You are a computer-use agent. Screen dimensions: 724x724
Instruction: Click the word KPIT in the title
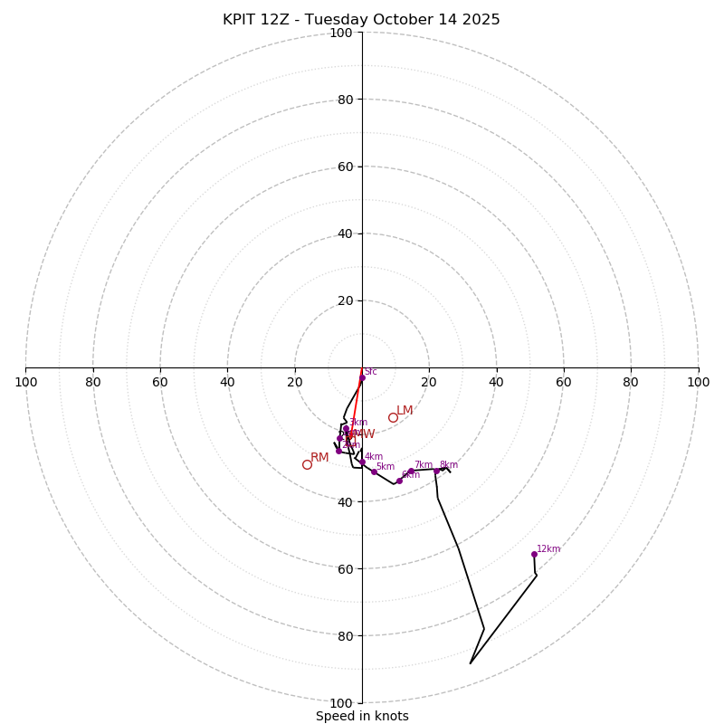click(240, 20)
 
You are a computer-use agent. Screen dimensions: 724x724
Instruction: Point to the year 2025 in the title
click(481, 20)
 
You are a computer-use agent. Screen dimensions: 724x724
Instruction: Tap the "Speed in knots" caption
click(362, 716)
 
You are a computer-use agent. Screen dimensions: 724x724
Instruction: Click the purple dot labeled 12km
click(534, 554)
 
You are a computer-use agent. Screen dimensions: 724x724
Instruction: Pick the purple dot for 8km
click(436, 471)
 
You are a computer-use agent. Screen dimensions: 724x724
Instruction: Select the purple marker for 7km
click(411, 472)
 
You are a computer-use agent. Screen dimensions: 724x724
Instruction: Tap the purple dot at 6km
click(399, 481)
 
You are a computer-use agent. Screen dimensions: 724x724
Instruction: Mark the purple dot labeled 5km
click(374, 472)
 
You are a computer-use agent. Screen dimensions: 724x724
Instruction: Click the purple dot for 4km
click(362, 462)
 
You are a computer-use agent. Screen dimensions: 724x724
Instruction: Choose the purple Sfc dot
click(361, 378)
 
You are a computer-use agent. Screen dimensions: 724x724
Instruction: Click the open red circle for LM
click(393, 417)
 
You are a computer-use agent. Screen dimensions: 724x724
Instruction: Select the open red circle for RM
click(307, 464)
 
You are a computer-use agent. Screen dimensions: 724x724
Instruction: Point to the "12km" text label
click(548, 548)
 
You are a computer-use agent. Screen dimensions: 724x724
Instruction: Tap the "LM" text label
click(405, 411)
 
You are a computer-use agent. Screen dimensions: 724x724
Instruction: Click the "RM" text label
click(319, 458)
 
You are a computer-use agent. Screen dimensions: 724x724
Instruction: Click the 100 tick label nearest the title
click(341, 33)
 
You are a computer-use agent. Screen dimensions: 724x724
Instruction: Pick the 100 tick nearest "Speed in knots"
click(341, 702)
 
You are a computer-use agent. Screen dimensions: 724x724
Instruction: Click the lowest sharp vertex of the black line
click(471, 663)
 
